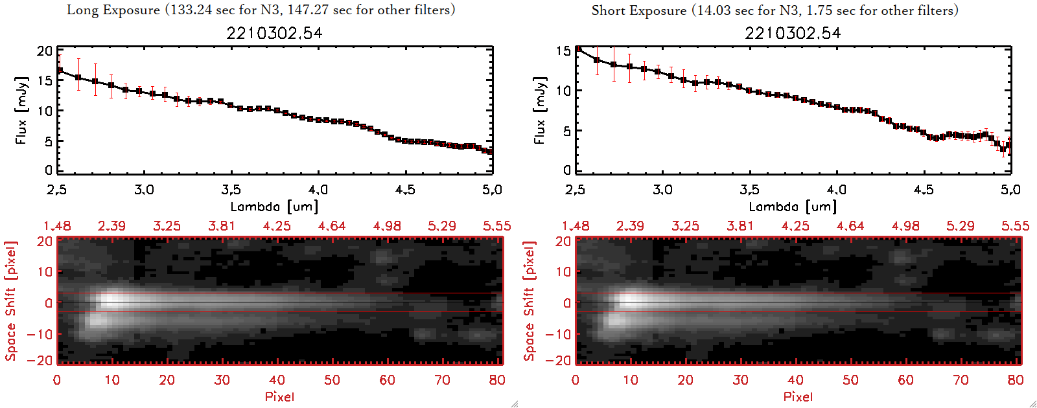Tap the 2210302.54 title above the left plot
274,33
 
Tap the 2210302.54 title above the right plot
793,33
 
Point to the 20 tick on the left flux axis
45,51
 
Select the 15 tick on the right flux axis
563,51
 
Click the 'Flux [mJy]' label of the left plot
21,111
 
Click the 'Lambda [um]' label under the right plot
793,207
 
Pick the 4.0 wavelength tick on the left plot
318,190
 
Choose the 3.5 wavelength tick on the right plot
749,190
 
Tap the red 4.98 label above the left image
387,226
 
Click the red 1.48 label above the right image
576,226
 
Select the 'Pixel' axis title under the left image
279,396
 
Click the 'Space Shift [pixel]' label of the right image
530,301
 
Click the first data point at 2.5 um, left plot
60,70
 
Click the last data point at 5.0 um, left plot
490,152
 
